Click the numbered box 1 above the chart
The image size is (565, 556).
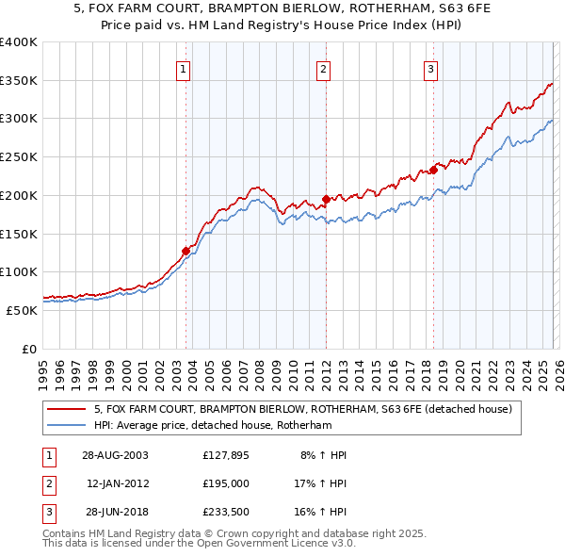(x=183, y=68)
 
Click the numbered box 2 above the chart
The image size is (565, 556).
(x=323, y=68)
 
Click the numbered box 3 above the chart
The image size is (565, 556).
(x=430, y=68)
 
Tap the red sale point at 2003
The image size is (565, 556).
(x=186, y=251)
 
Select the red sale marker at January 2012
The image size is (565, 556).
(x=326, y=199)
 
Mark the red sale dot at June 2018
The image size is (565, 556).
(x=434, y=170)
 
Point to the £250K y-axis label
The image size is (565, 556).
(x=19, y=157)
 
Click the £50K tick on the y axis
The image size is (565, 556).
(x=23, y=310)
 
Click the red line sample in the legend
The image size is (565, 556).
(x=67, y=410)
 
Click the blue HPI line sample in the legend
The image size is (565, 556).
(x=67, y=426)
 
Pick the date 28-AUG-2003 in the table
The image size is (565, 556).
(x=115, y=455)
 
